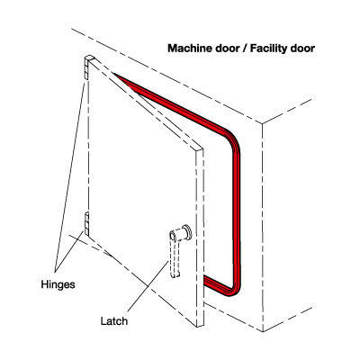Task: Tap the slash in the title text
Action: [245, 49]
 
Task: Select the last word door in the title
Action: [301, 49]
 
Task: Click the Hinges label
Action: [58, 284]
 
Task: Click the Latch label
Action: [113, 321]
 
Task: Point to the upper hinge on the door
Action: [89, 67]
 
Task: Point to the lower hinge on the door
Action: [86, 223]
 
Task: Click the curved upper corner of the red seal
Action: [232, 140]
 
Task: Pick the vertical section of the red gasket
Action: [237, 216]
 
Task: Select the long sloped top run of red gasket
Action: [169, 101]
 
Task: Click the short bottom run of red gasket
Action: [215, 285]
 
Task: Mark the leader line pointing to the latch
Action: [148, 285]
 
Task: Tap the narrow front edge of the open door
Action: [200, 238]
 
